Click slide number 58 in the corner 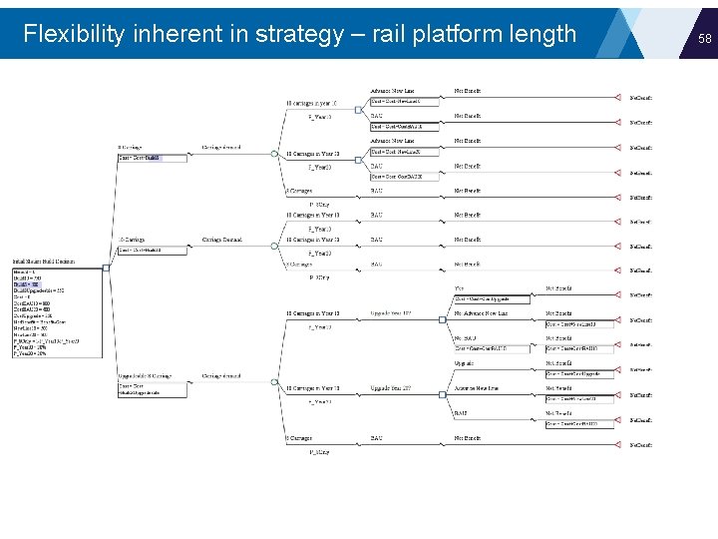click(x=704, y=38)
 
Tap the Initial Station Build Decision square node click(x=105, y=266)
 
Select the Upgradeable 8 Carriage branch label click(x=145, y=376)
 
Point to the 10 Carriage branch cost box click(x=140, y=251)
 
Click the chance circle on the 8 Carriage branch click(x=275, y=154)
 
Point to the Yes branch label click(x=459, y=288)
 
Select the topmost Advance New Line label click(x=393, y=90)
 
